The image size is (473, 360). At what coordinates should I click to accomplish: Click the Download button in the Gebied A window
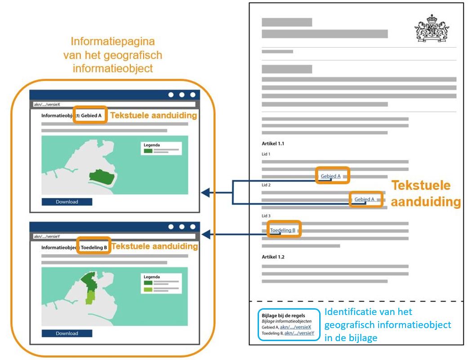coord(67,202)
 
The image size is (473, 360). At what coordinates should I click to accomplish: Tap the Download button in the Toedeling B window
coord(67,333)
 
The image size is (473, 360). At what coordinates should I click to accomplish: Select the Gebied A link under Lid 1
coord(330,176)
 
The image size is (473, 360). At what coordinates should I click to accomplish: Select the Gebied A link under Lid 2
coord(364,199)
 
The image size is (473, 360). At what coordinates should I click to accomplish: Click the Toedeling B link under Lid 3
coord(282,231)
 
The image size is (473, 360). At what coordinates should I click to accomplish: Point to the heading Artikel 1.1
coord(273,144)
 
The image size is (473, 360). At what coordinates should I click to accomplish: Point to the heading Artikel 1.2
coord(273,257)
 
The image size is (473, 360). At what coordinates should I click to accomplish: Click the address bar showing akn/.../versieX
coord(114,104)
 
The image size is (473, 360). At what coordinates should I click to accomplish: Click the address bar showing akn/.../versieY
coord(114,236)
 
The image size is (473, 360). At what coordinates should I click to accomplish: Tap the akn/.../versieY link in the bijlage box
coord(300,333)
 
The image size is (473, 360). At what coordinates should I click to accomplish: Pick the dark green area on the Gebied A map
coord(101,177)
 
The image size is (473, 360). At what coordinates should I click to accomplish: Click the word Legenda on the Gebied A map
coord(152,145)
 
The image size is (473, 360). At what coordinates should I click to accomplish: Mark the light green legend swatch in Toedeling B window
coord(148,289)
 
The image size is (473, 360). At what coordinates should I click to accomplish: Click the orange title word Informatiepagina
coord(112,42)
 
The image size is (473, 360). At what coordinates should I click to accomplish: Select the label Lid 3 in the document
coord(266,216)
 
